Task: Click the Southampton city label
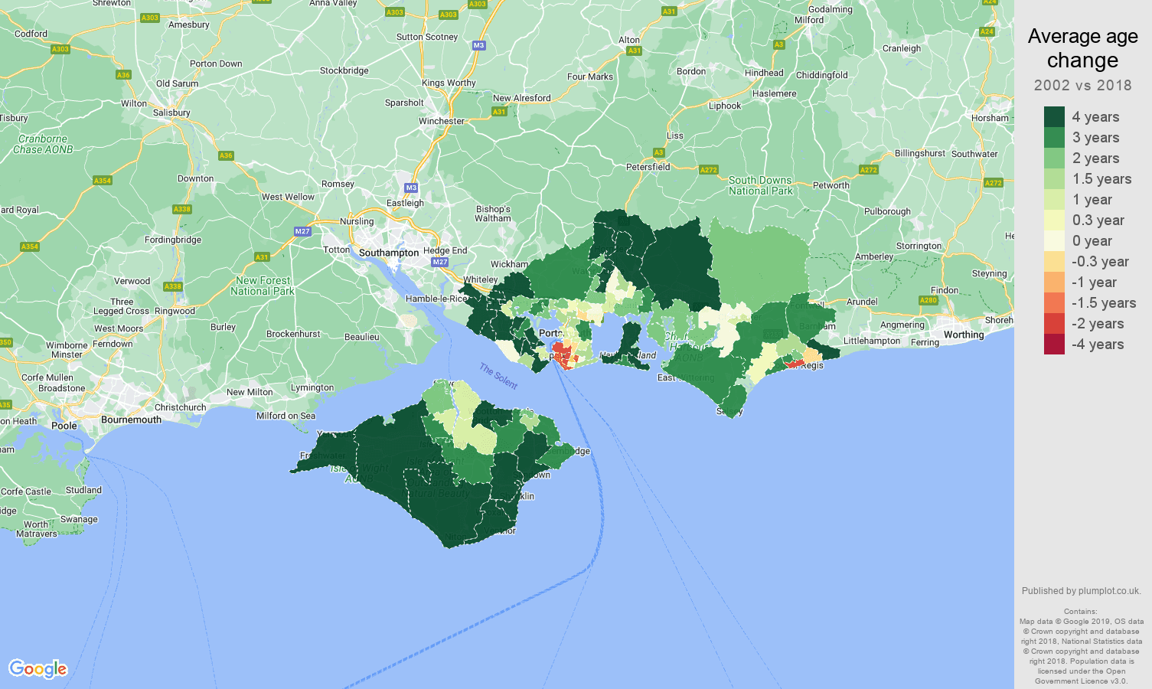[388, 253]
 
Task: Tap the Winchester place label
[441, 121]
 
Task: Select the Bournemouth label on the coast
[131, 420]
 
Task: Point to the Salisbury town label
[171, 113]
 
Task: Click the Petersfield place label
[648, 167]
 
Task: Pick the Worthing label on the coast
[964, 335]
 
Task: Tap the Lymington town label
[312, 387]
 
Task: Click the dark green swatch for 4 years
[1054, 116]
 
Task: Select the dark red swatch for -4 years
[1054, 344]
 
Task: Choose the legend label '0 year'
[1092, 241]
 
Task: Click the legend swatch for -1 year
[1054, 282]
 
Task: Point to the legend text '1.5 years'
[1101, 179]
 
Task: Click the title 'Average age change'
[1082, 48]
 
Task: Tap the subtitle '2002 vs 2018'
[1082, 85]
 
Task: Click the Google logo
[38, 669]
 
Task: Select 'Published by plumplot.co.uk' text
[1081, 591]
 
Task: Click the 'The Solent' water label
[498, 376]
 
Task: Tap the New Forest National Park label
[263, 286]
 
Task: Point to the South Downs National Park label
[760, 185]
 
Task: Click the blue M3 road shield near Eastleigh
[411, 188]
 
